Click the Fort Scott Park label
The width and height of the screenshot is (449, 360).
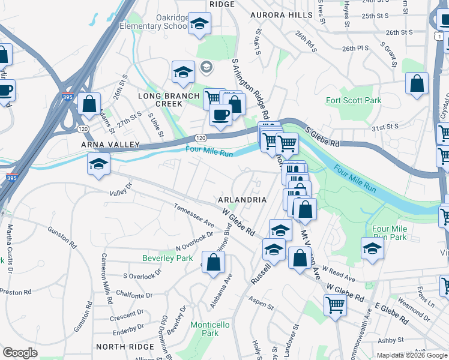pos(354,100)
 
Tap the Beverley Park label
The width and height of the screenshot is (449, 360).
pos(167,258)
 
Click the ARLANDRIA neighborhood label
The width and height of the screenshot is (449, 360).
pos(243,199)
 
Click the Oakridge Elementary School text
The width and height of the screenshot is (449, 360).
pos(154,22)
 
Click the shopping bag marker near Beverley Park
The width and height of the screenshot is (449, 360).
pos(213,262)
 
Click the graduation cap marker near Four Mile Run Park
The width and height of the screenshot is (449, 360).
pos(372,248)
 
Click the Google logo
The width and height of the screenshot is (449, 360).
pos(20,353)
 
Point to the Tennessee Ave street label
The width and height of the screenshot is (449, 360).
pos(194,215)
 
